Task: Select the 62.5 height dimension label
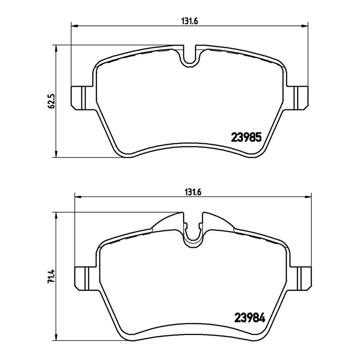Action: click(51, 101)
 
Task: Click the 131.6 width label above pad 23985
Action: click(190, 22)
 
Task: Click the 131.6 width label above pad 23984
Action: click(193, 192)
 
